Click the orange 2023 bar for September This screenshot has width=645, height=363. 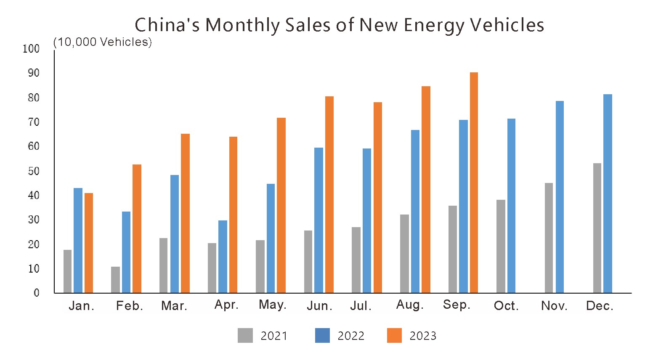click(x=474, y=183)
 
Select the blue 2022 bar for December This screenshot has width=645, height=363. click(x=608, y=193)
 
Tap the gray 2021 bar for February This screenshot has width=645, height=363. click(x=115, y=280)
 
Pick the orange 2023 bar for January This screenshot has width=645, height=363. click(x=89, y=243)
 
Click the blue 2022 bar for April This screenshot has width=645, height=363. click(x=223, y=257)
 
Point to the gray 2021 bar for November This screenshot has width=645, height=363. click(x=549, y=238)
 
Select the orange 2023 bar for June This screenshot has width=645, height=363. click(x=329, y=194)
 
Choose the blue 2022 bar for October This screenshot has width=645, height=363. click(x=511, y=206)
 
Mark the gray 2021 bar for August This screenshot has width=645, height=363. click(x=404, y=254)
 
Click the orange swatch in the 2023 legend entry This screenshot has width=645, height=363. click(x=394, y=336)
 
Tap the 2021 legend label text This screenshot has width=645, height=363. click(x=274, y=336)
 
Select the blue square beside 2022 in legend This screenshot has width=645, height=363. click(x=322, y=336)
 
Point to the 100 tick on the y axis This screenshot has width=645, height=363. click(x=31, y=49)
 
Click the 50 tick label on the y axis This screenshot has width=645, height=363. click(x=33, y=171)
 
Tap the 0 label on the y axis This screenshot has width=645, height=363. click(x=37, y=293)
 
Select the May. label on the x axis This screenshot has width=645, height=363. click(x=273, y=305)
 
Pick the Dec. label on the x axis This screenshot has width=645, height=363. click(x=600, y=306)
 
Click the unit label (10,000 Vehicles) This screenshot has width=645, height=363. click(x=103, y=42)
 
